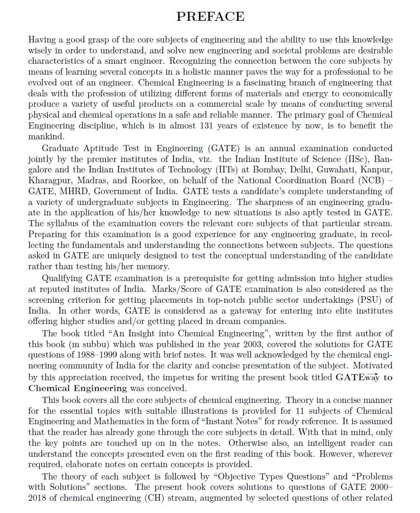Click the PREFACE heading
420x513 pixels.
pyautogui.click(x=210, y=17)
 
